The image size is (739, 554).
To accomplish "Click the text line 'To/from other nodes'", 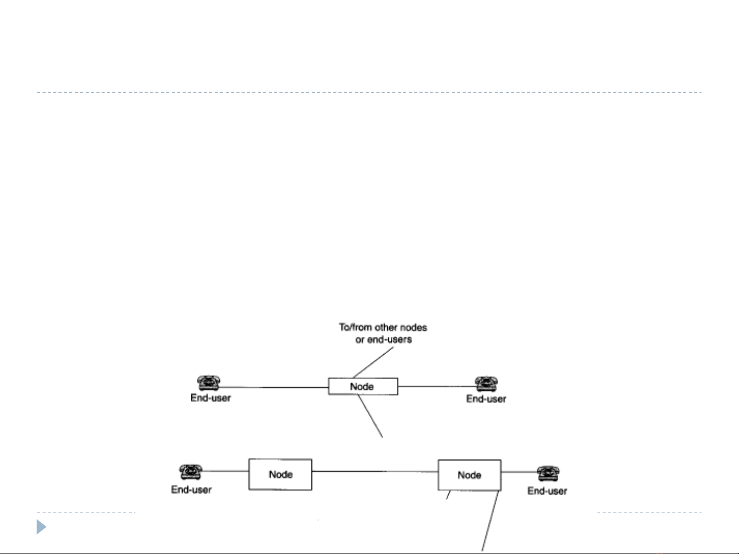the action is click(383, 327).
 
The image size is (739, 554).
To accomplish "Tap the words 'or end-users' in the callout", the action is click(384, 339).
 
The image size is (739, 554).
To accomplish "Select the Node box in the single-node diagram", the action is click(363, 386).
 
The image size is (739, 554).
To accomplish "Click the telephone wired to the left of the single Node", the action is click(208, 383).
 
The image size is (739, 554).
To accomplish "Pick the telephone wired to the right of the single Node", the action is click(486, 384).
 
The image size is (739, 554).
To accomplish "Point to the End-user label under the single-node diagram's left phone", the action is click(210, 398).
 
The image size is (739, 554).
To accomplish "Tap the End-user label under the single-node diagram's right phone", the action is click(486, 399).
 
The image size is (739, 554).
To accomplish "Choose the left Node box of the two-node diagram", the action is click(280, 474).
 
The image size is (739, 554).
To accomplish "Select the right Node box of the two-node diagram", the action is click(469, 475).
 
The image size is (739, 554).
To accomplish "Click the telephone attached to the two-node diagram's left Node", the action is click(191, 472).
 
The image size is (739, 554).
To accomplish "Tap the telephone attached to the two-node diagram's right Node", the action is click(548, 474).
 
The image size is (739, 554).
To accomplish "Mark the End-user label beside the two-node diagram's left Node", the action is click(191, 489).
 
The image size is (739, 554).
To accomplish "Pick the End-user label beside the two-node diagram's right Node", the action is click(547, 491).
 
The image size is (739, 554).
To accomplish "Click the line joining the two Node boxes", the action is click(375, 471).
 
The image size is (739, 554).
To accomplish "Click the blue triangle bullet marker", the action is click(41, 527).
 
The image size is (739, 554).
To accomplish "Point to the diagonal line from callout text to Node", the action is click(373, 362).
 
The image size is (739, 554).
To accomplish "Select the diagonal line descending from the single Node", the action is click(370, 417).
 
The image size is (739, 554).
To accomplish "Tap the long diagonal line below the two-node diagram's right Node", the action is click(490, 521).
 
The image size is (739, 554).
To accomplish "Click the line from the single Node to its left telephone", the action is click(274, 387).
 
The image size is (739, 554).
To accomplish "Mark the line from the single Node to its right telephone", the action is click(436, 386).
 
